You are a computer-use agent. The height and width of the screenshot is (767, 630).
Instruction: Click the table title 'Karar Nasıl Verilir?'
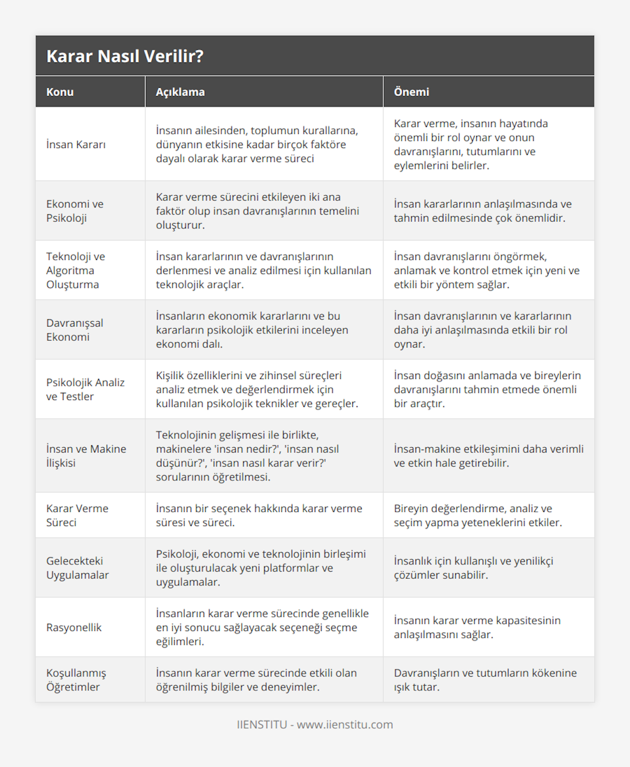click(125, 56)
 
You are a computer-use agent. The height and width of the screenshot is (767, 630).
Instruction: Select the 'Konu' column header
click(60, 92)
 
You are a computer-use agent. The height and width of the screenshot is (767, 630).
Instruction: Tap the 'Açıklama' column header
click(180, 92)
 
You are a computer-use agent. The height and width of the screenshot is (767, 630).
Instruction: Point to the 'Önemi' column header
click(411, 92)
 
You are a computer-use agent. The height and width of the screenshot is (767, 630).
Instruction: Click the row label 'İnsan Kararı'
click(76, 144)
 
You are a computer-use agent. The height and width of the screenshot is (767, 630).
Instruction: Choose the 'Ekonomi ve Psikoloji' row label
click(75, 211)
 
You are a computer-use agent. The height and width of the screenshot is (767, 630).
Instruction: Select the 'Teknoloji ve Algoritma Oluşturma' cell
click(76, 270)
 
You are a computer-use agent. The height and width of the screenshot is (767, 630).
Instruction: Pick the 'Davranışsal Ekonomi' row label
click(75, 330)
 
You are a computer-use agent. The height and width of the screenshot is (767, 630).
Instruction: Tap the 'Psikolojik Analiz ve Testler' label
click(85, 390)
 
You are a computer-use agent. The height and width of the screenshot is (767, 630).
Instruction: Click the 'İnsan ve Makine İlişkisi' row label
click(86, 456)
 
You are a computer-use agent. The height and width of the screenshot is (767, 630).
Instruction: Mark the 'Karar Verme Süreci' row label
click(77, 516)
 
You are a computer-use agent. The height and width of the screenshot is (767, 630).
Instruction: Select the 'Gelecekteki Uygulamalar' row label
click(77, 568)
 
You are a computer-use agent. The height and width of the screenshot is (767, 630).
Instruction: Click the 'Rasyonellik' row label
click(74, 627)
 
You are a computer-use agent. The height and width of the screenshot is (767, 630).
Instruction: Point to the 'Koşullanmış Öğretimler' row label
click(76, 680)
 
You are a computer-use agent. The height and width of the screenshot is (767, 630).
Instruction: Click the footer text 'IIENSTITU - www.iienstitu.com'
click(315, 724)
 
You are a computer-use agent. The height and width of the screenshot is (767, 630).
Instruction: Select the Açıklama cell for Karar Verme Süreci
click(259, 516)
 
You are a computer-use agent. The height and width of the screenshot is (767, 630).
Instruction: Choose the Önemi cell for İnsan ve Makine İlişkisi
click(488, 456)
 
